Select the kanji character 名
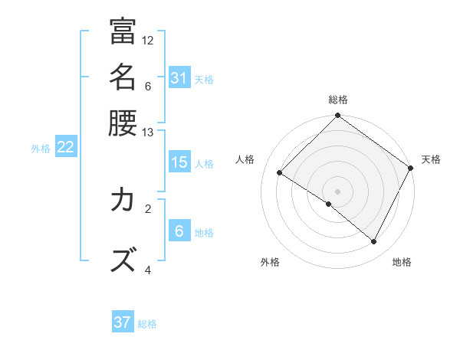coord(123,77)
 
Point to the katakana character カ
coord(123,201)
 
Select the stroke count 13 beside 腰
coord(148,133)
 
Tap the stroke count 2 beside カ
coord(148,208)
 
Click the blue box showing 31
coord(179,78)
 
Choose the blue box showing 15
coord(179,162)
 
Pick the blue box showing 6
coord(179,231)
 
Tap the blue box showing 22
coord(65,148)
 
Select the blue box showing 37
coord(123,322)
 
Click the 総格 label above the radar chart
coord(338,100)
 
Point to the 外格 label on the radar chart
coord(270,262)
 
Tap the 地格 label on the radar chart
coord(402,262)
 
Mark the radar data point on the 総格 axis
coord(338,116)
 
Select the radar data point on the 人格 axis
coord(280,173)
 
